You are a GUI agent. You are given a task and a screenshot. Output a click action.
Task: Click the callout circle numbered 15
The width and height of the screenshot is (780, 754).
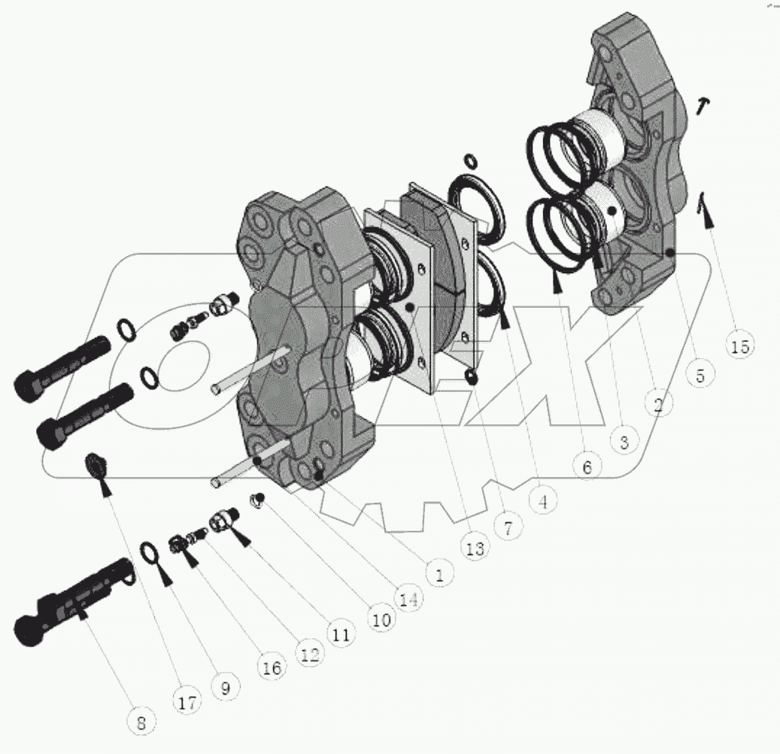coord(740,345)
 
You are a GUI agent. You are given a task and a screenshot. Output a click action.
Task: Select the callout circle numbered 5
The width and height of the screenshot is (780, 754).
coord(700,374)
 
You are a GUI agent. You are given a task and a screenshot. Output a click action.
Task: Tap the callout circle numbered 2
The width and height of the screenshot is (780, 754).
coord(658,406)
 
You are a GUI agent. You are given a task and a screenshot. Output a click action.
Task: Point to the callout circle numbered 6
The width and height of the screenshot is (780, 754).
coord(587,467)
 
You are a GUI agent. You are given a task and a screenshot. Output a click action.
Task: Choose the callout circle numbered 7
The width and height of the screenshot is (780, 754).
coord(508,527)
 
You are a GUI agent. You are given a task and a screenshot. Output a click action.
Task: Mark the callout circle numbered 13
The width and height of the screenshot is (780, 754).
coord(475,549)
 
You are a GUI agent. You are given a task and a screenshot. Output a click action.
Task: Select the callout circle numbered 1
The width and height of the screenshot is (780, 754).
coord(439,576)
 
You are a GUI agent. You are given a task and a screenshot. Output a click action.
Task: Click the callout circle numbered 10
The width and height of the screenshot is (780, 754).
coord(380,620)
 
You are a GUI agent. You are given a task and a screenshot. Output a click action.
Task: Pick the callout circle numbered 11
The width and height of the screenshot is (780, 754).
coord(341,635)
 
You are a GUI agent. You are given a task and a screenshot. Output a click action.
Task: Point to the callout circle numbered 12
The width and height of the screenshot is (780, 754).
coord(308,655)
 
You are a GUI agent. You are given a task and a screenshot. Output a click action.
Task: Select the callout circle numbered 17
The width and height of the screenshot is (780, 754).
coord(187,703)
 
